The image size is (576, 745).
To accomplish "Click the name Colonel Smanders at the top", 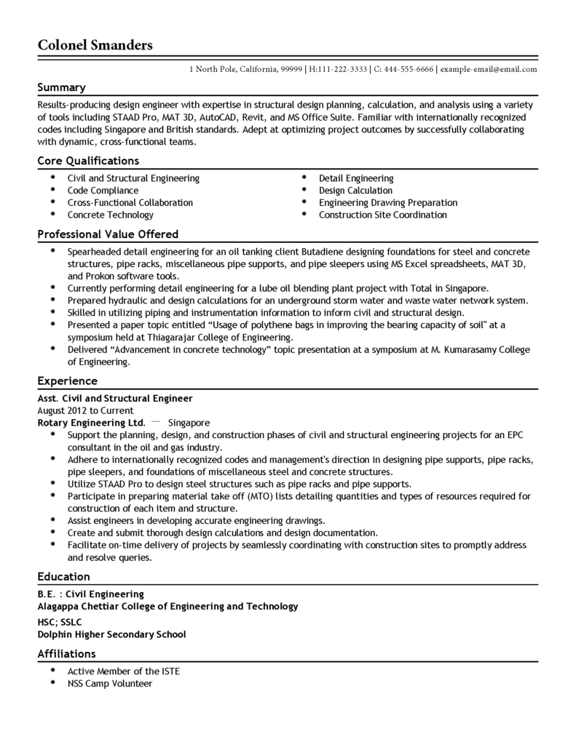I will pos(95,45).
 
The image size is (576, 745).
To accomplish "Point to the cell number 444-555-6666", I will pos(408,69).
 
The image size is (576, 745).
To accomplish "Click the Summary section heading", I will pos(62,87).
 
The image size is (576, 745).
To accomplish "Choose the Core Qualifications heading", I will pos(88,161).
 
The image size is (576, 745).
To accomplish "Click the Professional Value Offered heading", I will pos(108,234).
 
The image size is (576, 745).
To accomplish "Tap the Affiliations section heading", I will pos(67,653).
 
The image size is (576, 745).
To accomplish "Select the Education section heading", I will pos(64,576).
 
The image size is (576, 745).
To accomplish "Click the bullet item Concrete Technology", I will pos(110,215).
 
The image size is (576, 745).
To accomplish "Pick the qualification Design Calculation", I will pos(355,191).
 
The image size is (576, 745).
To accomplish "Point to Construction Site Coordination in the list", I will pos(383,215).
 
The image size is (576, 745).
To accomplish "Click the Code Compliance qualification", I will pos(103,191).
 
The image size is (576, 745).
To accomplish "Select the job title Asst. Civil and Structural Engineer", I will pos(115,398).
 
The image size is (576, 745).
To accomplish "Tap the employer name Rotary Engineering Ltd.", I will pos(91,422).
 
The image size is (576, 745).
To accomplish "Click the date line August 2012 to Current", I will pos(85,410).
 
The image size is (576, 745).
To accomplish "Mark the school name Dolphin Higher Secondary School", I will pos(111,634).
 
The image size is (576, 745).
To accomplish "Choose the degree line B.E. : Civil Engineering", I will pos(90,594).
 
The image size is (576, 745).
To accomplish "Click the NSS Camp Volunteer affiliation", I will pos(110,683).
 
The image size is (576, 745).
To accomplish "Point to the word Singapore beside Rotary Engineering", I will pos(189,422).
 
